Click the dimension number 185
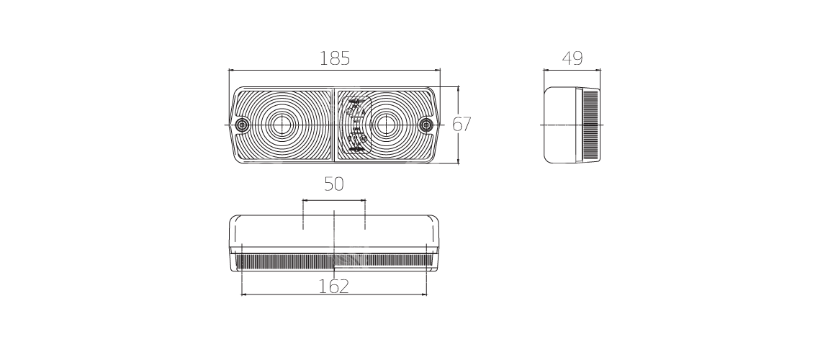pos(334,58)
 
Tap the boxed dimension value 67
pos(462,125)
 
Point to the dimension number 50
pos(333,184)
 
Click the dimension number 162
pos(333,286)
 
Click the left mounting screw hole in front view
pos(240,125)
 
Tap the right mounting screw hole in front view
pos(426,125)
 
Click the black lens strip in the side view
pos(590,125)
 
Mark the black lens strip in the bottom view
pos(288,261)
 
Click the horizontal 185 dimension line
pos(288,71)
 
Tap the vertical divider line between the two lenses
pos(333,144)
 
